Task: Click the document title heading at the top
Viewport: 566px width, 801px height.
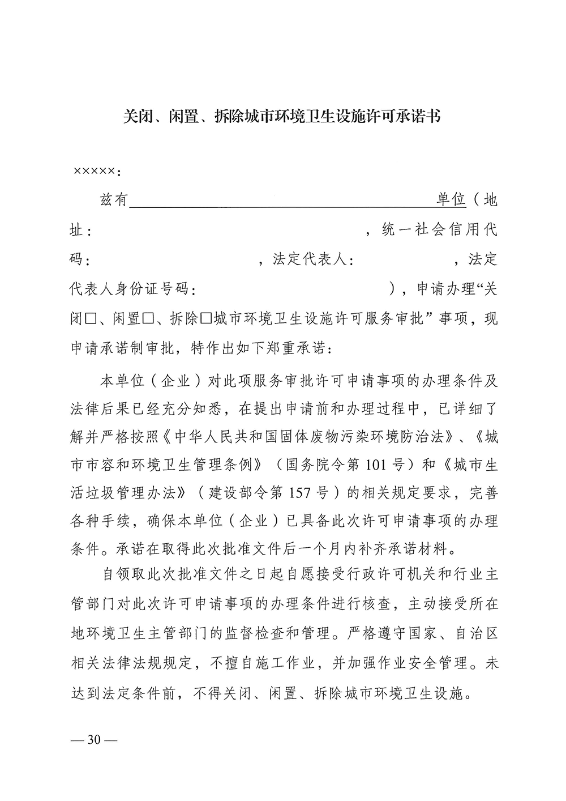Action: (282, 117)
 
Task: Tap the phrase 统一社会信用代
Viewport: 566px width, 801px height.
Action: (440, 230)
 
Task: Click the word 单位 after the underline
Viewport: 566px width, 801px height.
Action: (451, 201)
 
